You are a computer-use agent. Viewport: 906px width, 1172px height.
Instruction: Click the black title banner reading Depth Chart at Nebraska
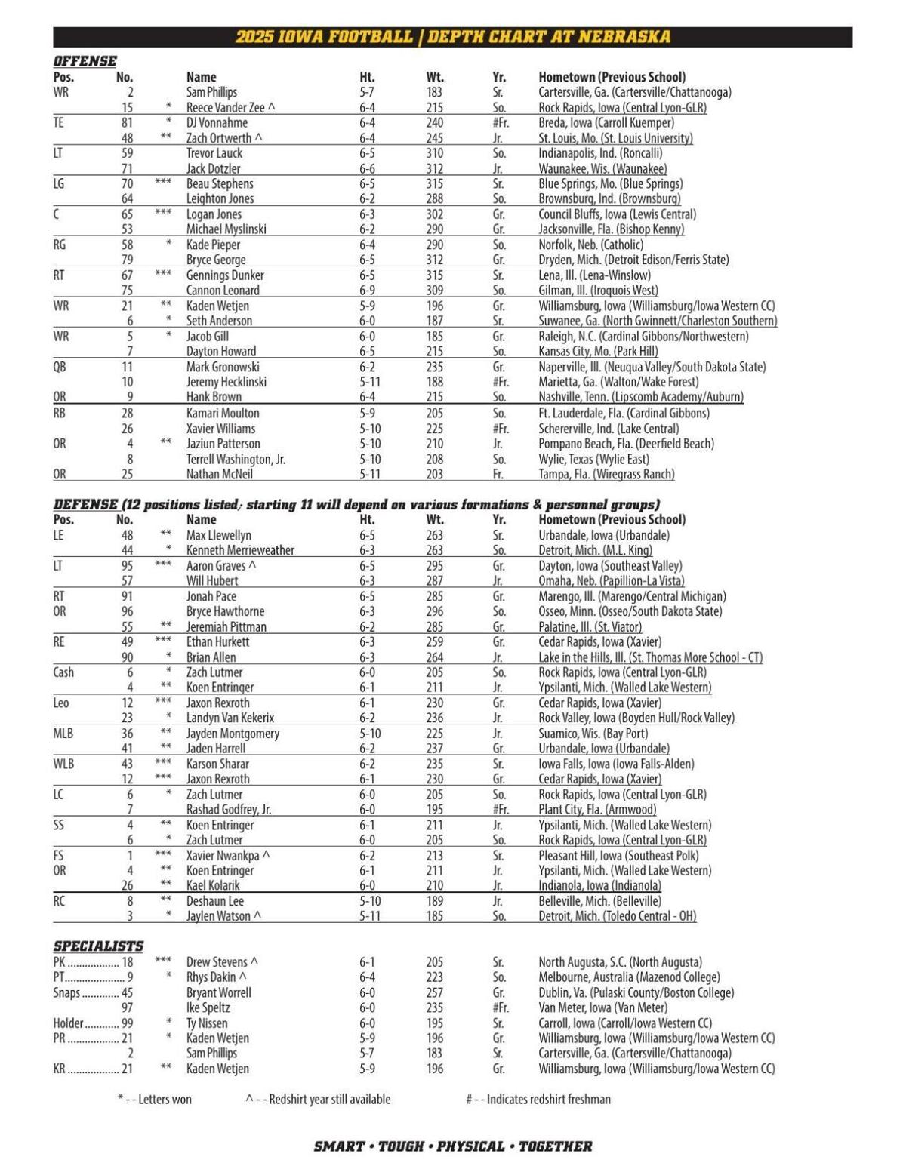coord(452,37)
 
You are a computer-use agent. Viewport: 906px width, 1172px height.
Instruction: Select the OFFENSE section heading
coord(85,61)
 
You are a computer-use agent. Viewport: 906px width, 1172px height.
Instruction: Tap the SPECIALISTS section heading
coord(98,946)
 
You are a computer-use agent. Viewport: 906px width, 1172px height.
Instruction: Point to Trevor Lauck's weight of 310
coord(434,153)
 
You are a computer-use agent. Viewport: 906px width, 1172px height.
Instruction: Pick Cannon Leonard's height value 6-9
coord(369,291)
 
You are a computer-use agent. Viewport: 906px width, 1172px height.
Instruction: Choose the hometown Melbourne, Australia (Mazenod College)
coord(629,977)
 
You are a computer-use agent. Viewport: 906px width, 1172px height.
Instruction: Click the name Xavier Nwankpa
coord(223,856)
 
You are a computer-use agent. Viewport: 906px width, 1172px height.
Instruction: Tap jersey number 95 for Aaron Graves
coord(127,566)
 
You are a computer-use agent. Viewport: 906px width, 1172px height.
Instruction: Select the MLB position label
coord(63,734)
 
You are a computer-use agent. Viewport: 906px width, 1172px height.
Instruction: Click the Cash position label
coord(63,672)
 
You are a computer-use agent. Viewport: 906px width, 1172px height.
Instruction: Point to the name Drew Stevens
coord(217,962)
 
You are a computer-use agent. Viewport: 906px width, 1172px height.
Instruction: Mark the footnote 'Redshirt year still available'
coord(329,1100)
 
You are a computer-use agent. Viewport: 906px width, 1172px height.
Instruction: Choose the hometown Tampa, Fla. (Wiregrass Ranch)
coord(606,475)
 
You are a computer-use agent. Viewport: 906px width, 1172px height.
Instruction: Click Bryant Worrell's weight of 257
coord(434,993)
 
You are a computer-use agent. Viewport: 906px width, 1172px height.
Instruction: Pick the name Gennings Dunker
coord(225,275)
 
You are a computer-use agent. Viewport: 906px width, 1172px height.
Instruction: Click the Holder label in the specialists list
coord(68,1023)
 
